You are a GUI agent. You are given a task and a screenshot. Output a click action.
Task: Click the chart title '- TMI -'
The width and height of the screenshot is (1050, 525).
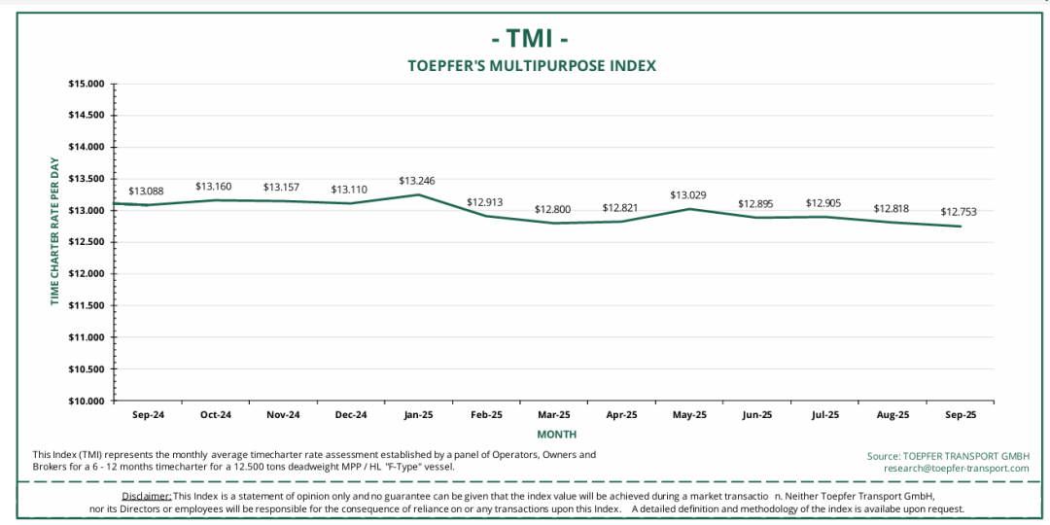pyautogui.click(x=530, y=38)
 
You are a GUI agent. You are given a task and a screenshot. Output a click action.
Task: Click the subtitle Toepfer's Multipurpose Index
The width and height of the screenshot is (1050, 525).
pyautogui.click(x=531, y=66)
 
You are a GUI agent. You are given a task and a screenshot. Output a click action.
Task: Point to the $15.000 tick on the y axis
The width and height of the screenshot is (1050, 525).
pyautogui.click(x=87, y=84)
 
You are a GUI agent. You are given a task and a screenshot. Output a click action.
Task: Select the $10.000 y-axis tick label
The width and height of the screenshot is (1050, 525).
pyautogui.click(x=87, y=402)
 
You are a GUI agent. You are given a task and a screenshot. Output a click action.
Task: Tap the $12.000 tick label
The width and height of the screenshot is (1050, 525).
pyautogui.click(x=87, y=274)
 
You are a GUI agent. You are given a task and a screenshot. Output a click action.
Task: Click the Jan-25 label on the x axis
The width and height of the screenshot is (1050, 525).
pyautogui.click(x=418, y=415)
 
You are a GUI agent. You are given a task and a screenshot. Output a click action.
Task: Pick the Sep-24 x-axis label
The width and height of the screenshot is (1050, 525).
pyautogui.click(x=148, y=415)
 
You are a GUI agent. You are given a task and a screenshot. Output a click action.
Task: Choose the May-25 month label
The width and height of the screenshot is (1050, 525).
pyautogui.click(x=689, y=415)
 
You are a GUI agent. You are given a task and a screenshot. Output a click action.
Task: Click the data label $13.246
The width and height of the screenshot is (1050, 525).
pyautogui.click(x=417, y=181)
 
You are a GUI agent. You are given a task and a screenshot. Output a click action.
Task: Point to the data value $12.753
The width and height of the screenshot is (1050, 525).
pyautogui.click(x=959, y=212)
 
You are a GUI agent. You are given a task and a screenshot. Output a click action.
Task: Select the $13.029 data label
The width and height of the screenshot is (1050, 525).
pyautogui.click(x=688, y=195)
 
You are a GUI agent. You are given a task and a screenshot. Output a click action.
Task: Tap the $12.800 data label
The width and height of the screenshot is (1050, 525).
pyautogui.click(x=552, y=209)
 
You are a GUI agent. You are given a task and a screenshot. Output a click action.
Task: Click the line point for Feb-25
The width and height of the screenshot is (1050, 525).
pyautogui.click(x=485, y=216)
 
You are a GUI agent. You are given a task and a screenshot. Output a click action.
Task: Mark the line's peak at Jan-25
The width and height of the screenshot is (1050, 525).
pyautogui.click(x=418, y=194)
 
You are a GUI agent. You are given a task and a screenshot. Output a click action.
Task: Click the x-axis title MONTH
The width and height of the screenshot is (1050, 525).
pyautogui.click(x=556, y=435)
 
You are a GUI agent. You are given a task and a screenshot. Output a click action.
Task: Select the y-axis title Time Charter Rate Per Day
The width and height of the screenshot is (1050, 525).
pyautogui.click(x=55, y=231)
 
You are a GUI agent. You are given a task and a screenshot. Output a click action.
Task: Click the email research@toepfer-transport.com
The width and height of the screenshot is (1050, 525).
pyautogui.click(x=956, y=469)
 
